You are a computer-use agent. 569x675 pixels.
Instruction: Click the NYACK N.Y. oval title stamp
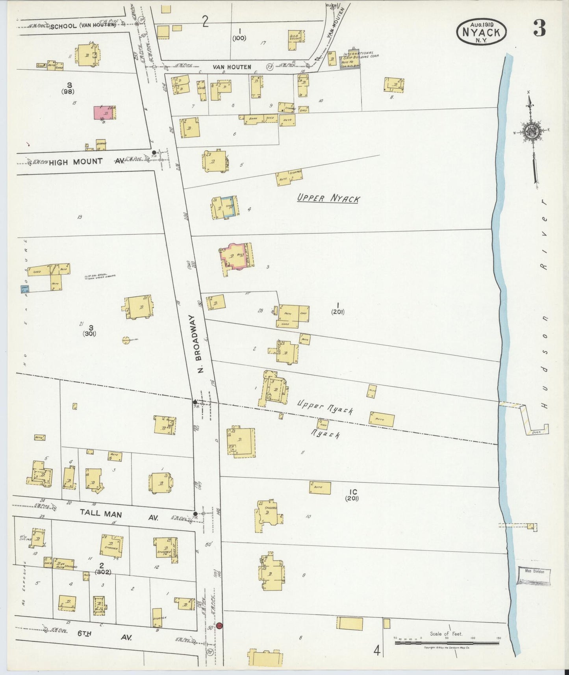click(x=482, y=31)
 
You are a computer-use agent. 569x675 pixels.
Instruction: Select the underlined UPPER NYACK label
click(x=328, y=198)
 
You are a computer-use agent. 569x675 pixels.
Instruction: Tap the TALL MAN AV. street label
click(x=119, y=514)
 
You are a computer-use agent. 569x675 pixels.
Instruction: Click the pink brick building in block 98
click(x=105, y=112)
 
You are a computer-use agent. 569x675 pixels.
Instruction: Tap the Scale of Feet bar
click(x=447, y=643)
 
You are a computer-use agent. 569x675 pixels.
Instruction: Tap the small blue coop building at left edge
click(x=25, y=289)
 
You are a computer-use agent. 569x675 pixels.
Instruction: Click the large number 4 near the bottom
click(x=377, y=651)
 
